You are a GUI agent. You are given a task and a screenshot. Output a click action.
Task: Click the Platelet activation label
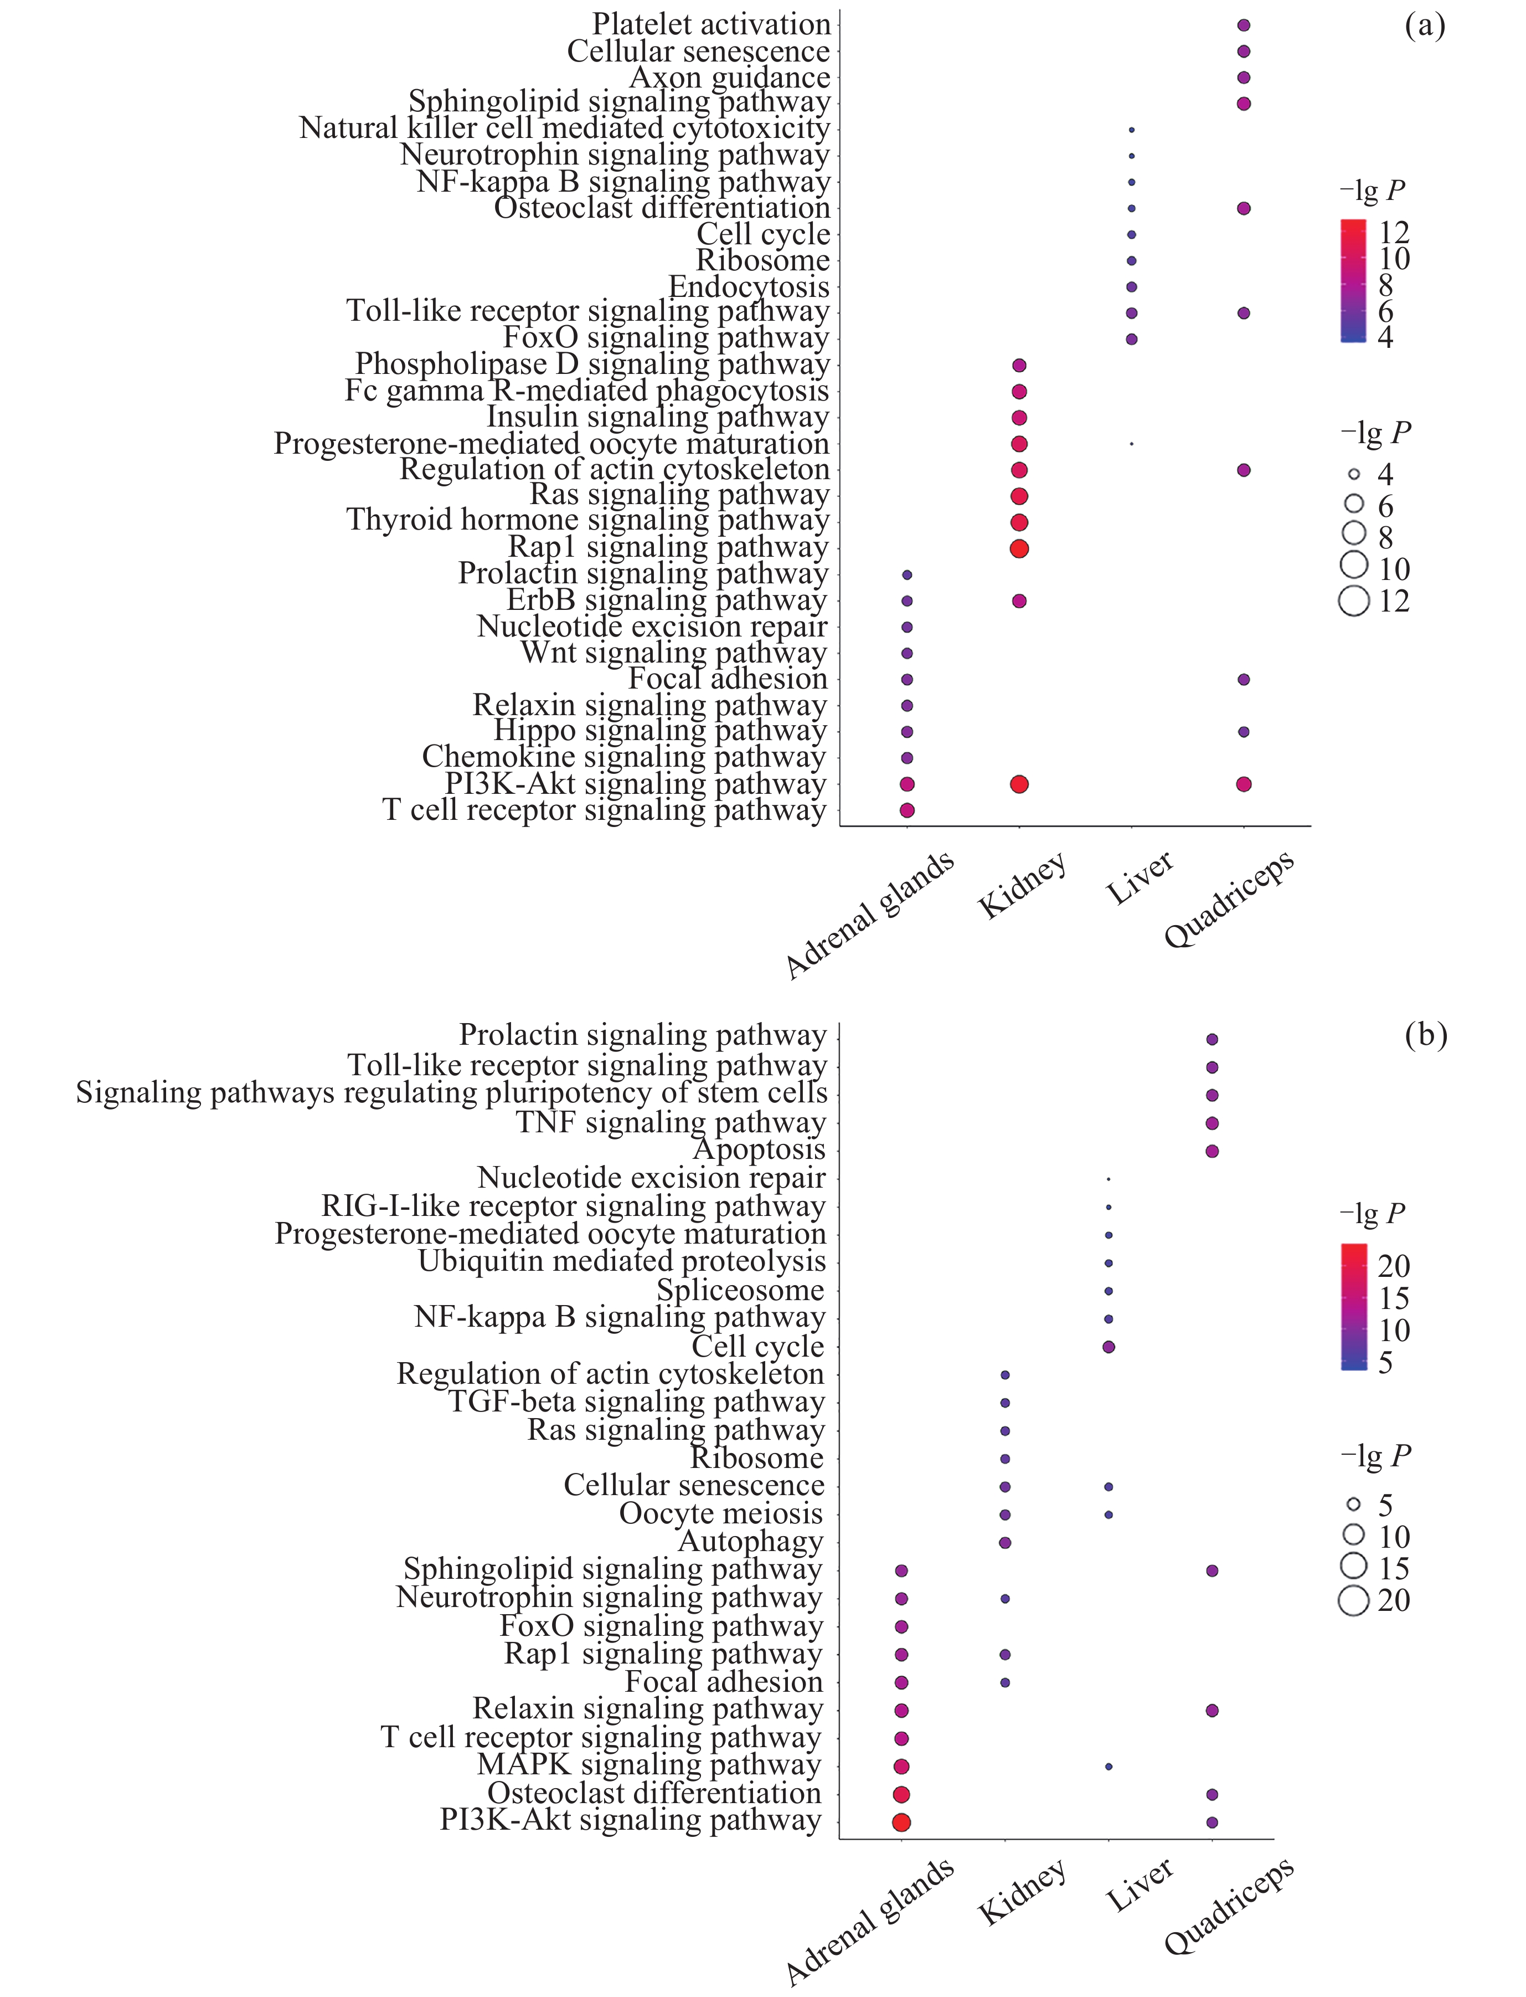pyautogui.click(x=711, y=24)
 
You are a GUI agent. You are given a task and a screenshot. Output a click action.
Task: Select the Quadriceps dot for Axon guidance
pyautogui.click(x=1244, y=78)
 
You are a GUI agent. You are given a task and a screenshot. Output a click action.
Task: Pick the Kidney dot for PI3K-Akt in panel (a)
pyautogui.click(x=1019, y=784)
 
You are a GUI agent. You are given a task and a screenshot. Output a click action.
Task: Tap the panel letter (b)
pyautogui.click(x=1425, y=1035)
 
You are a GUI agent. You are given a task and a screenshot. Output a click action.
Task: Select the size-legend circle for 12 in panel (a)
pyautogui.click(x=1353, y=602)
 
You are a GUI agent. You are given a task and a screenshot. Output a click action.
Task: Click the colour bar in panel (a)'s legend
pyautogui.click(x=1353, y=281)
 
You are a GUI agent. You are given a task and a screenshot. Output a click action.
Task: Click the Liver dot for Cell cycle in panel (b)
pyautogui.click(x=1108, y=1347)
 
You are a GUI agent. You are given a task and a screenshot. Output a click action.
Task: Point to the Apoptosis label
pyautogui.click(x=759, y=1150)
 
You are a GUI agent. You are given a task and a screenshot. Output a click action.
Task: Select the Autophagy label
pyautogui.click(x=750, y=1542)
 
